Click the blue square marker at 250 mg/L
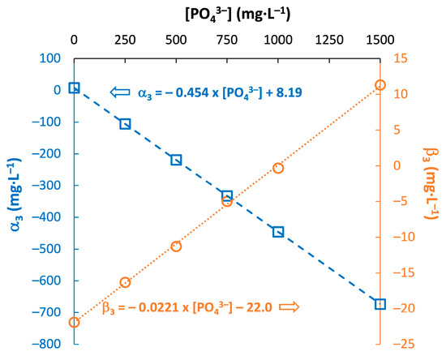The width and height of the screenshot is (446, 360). coord(125,124)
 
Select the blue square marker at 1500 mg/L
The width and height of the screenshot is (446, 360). coord(380,304)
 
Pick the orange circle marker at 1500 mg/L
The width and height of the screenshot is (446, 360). coord(380,85)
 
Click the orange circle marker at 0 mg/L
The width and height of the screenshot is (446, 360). coord(74,322)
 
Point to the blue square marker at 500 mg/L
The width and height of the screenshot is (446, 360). coord(176,160)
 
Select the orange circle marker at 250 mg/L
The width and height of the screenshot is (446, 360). coord(125,282)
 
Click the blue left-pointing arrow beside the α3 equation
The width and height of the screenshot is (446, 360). coord(119,92)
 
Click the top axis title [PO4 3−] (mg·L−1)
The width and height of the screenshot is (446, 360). coord(226,14)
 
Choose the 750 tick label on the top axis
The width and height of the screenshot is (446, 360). coord(227,39)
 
